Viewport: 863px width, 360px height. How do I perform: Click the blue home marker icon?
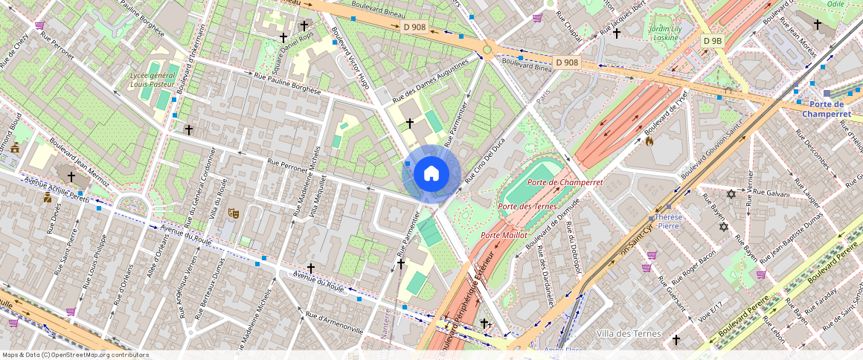point(431,174)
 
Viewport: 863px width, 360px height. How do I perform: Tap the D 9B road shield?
point(712,41)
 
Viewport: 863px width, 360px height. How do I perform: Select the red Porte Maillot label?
point(504,235)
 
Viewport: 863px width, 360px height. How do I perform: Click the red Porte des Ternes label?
point(527,206)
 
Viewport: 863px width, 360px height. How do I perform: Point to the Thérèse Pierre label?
point(668,220)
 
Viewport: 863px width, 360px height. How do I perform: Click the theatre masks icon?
point(233,213)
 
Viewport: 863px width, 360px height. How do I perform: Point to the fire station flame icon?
point(649,140)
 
